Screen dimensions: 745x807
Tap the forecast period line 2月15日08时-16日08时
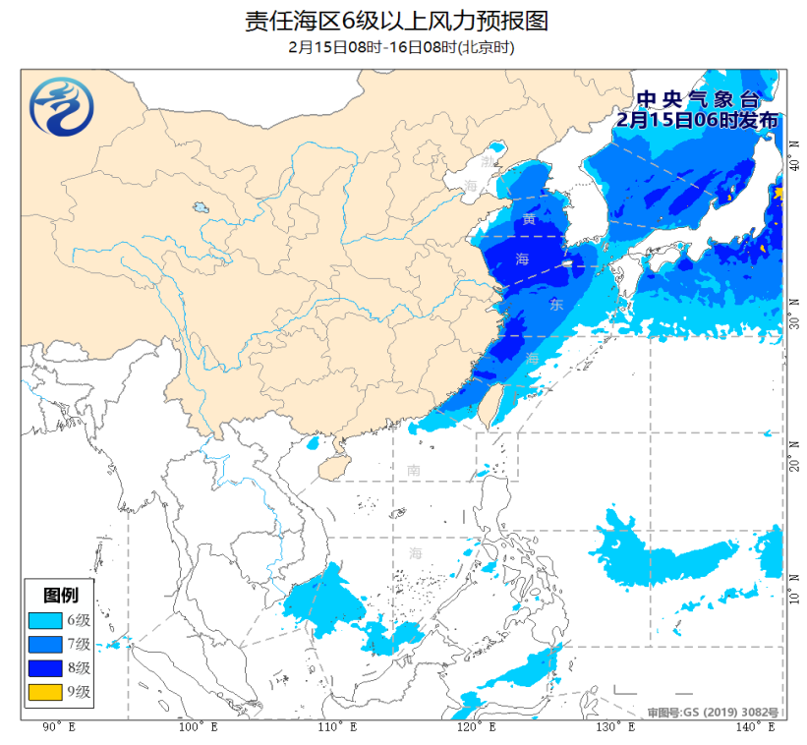click(x=402, y=47)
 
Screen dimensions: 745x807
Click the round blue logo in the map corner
click(x=61, y=107)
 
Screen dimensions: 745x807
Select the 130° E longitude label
click(x=612, y=727)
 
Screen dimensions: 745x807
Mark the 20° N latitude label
click(x=793, y=461)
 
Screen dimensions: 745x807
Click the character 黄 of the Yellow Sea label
click(x=530, y=219)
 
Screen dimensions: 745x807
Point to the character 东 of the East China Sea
click(x=556, y=305)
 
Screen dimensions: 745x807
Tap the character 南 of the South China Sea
click(x=414, y=471)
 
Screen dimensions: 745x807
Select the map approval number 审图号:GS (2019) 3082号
click(x=713, y=712)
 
